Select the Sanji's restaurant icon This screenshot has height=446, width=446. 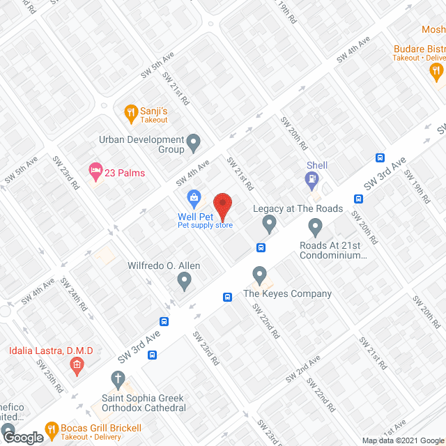coord(130,111)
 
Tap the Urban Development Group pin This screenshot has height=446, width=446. coord(194,144)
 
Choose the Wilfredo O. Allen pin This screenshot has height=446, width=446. coord(184,281)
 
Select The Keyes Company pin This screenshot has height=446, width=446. coord(260,275)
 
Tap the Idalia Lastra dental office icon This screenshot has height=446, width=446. coord(77,364)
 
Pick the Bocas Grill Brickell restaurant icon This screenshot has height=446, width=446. coord(51,429)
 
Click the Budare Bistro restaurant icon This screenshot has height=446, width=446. coord(436,70)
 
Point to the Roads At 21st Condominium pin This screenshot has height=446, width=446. coord(315,226)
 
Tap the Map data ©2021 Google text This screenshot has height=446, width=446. coord(402,440)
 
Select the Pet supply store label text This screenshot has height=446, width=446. coord(205,225)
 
